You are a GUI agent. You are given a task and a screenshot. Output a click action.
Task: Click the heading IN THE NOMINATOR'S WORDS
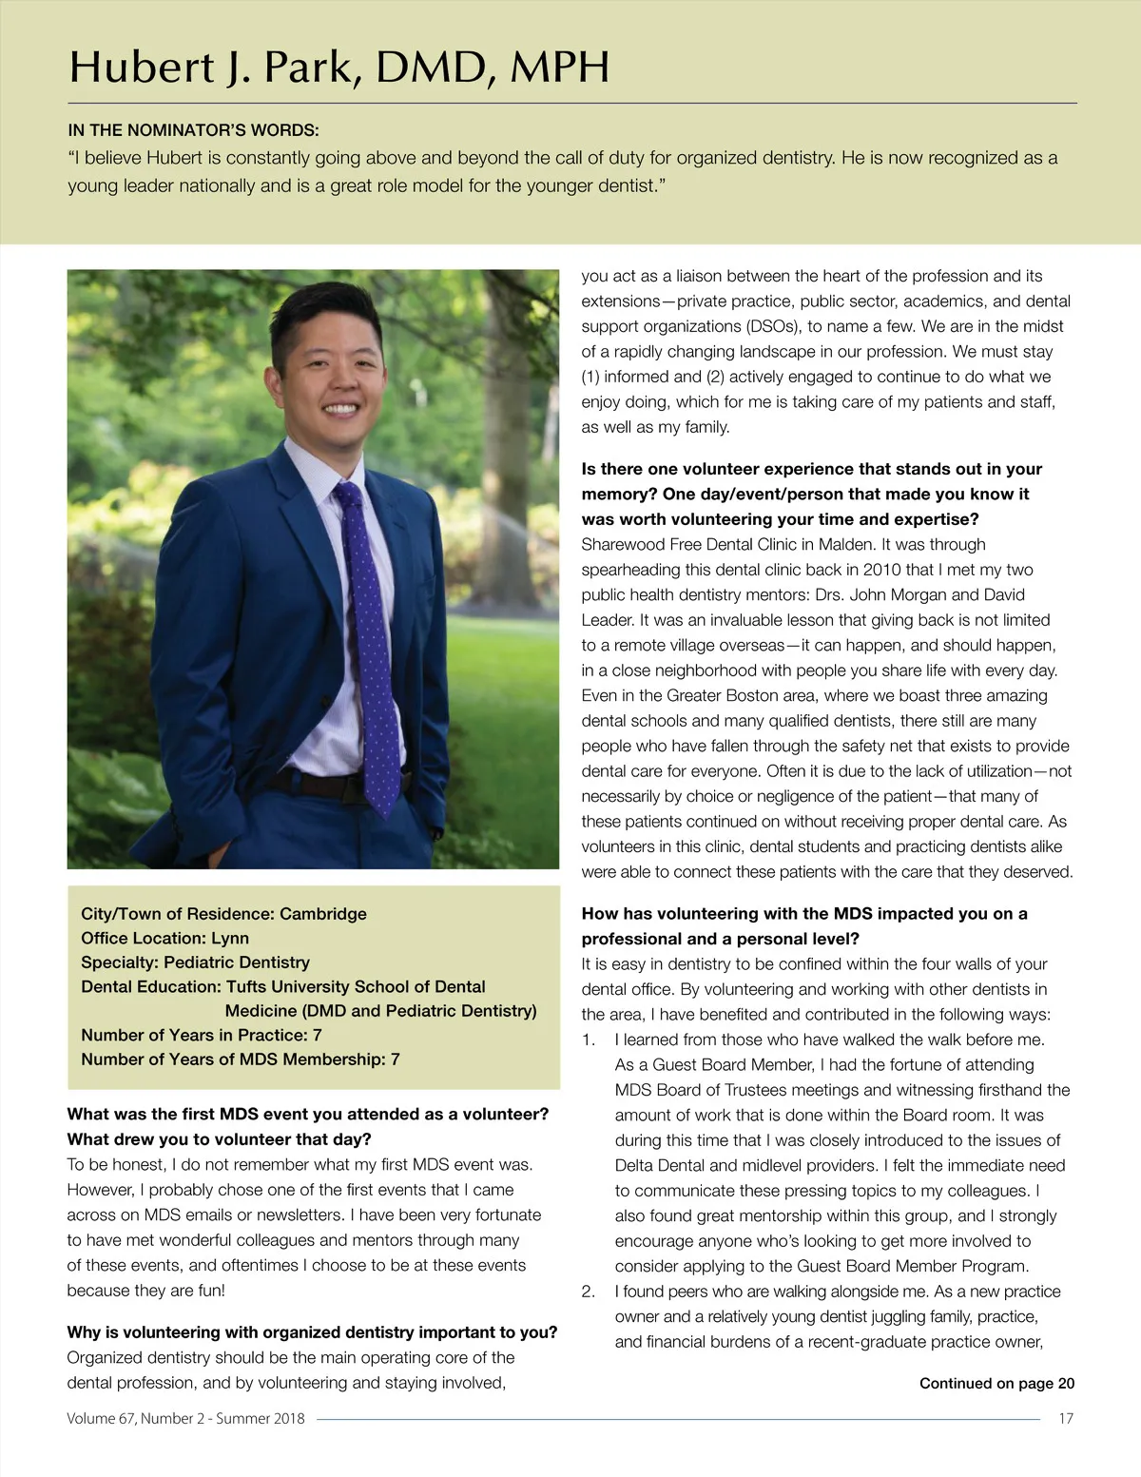(x=193, y=130)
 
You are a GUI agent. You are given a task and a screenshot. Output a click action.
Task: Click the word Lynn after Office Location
(x=230, y=939)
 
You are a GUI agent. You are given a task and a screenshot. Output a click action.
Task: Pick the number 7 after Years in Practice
(x=317, y=1035)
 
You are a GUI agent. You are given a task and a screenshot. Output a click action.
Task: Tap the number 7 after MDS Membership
(x=395, y=1059)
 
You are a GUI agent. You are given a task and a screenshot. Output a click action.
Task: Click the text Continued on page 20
(x=996, y=1384)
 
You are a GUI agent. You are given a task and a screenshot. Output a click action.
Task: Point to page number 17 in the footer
(x=1066, y=1419)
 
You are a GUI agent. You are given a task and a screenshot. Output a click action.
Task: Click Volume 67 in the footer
(x=101, y=1419)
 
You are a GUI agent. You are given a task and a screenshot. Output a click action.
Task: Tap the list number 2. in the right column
(x=589, y=1292)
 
